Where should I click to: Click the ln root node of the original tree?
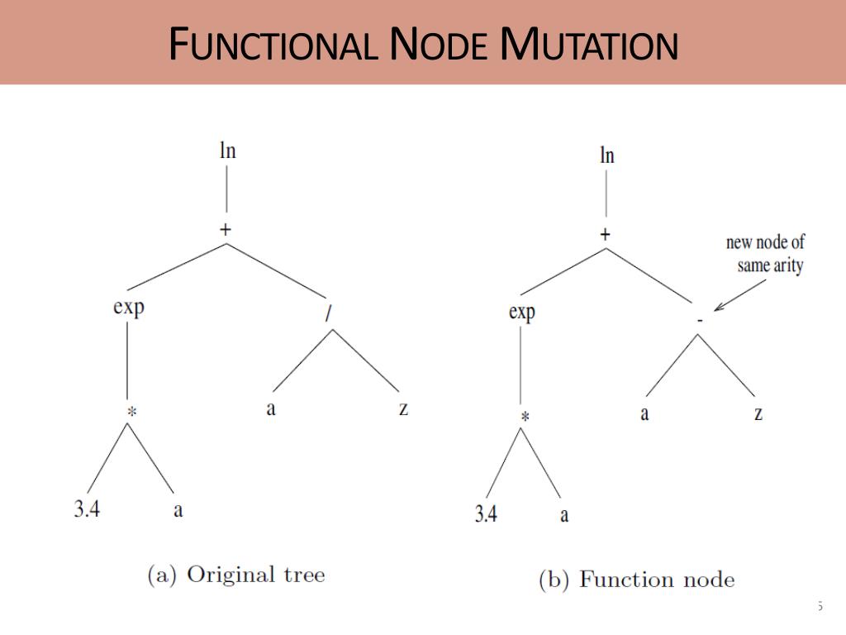(227, 151)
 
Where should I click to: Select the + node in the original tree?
(226, 230)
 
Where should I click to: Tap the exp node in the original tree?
(129, 308)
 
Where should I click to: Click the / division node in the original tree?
(330, 316)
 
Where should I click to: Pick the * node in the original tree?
(129, 411)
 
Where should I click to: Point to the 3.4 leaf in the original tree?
(87, 509)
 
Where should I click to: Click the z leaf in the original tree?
(403, 408)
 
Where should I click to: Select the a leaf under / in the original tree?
(271, 408)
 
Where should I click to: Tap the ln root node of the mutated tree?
(607, 155)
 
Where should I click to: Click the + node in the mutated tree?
(606, 235)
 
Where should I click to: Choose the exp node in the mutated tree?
(522, 313)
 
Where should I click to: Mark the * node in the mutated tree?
(524, 417)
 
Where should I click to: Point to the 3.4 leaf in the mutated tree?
(486, 514)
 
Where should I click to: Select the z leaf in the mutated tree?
(758, 413)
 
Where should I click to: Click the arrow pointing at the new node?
(740, 294)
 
